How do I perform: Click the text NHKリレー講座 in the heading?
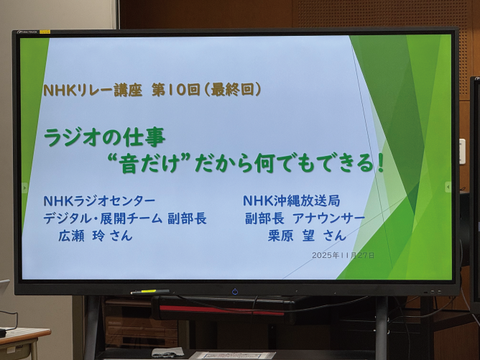pos(91,91)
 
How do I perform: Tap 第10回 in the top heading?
pos(173,91)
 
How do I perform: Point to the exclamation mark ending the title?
pos(380,162)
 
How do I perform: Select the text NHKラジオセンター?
pos(99,200)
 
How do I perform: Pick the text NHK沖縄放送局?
pos(292,200)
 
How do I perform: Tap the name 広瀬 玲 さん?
pos(96,236)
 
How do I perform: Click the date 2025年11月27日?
pos(343,255)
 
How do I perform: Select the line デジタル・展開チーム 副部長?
pos(125,218)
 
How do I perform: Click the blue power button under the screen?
pos(235,291)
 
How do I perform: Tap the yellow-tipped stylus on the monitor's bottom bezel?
pos(149,292)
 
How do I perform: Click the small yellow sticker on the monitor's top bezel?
pos(45,32)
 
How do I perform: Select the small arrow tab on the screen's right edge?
pos(448,187)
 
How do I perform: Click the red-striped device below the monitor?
pos(216,310)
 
